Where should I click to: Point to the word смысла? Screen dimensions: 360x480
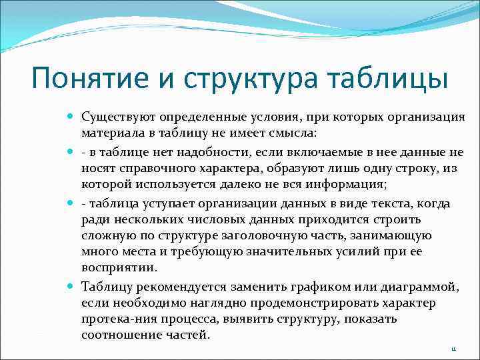point(293,134)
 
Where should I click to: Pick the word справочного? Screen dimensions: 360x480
point(151,169)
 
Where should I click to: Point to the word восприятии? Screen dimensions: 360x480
point(118,268)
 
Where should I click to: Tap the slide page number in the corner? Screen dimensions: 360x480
point(453,349)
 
